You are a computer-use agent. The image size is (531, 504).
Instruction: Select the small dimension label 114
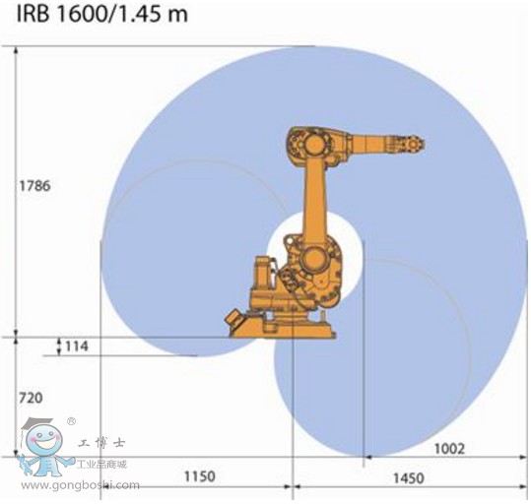click(x=76, y=346)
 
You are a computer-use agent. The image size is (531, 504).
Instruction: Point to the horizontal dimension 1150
click(x=199, y=476)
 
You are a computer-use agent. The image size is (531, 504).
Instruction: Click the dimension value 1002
click(x=448, y=448)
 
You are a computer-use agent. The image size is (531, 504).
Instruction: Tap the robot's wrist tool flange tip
click(x=423, y=144)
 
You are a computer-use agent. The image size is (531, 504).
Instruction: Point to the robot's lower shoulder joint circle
click(x=317, y=260)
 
